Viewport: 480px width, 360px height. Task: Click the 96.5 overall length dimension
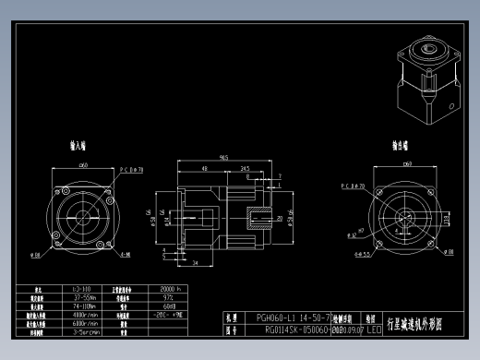coord(223,158)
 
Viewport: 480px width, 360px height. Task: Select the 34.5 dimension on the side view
coord(245,170)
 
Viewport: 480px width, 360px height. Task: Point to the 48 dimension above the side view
coord(203,170)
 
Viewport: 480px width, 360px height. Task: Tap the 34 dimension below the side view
coord(197,262)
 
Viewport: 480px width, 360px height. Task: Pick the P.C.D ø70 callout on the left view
coord(132,170)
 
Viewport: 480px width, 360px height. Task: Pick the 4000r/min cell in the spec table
coord(84,316)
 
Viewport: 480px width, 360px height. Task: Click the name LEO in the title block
coord(373,329)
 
